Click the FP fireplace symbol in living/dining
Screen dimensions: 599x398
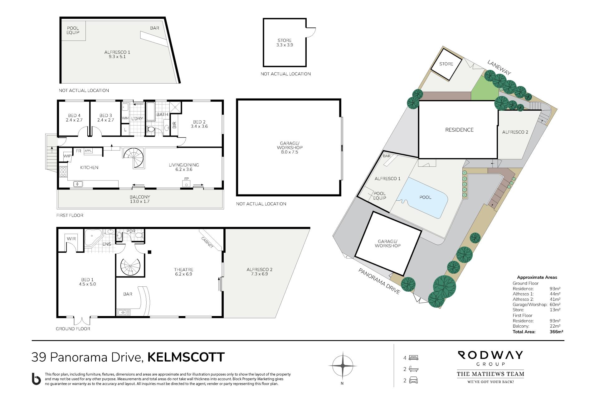[x=187, y=183]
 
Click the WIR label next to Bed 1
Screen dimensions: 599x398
[x=71, y=239]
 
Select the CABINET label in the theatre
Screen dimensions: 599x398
[x=207, y=242]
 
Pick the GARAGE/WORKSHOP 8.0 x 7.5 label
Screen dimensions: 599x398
[x=289, y=148]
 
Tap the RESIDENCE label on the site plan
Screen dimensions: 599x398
[x=459, y=130]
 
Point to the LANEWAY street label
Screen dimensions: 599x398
[x=499, y=68]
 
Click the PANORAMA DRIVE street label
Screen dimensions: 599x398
[x=379, y=281]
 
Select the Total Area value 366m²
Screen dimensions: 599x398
[x=556, y=332]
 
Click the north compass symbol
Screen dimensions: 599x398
[x=342, y=366]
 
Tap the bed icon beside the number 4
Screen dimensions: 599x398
[x=413, y=357]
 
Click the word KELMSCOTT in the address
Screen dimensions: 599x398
[x=186, y=357]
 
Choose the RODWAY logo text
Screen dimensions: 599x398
[x=490, y=355]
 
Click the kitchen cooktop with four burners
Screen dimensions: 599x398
[x=63, y=172]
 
